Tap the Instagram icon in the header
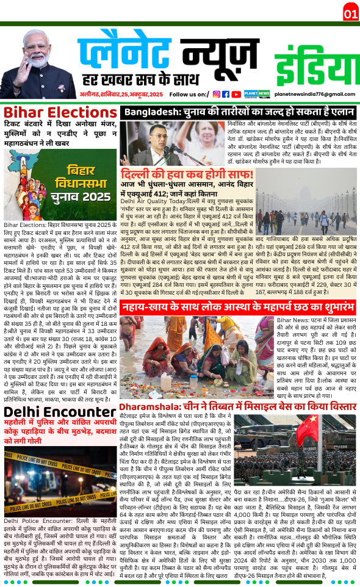pos(216,94)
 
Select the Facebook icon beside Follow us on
pos(225,94)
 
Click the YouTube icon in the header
pos(236,94)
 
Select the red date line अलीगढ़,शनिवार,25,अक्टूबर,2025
pos(121,95)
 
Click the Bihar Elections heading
pos(60,112)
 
